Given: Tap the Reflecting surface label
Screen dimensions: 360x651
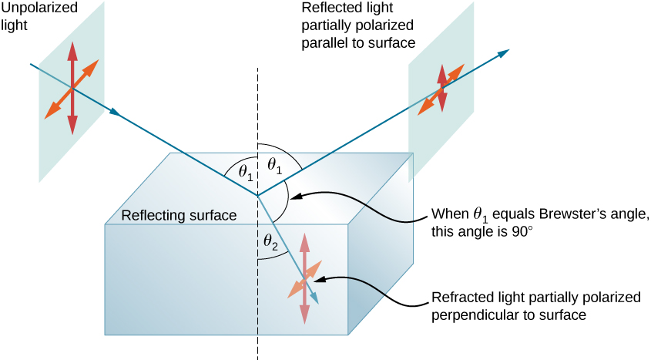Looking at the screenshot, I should coord(178,215).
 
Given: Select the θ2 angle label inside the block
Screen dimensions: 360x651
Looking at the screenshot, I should coord(269,242).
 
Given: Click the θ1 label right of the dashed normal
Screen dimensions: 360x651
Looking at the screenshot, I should coord(273,163).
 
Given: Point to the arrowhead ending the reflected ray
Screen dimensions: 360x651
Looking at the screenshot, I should coord(505,52).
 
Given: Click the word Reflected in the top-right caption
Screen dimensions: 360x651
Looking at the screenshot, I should coord(328,8).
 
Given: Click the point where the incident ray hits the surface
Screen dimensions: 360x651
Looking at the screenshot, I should coord(258,194).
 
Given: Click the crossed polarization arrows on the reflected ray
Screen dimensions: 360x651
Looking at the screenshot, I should coord(441,89).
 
